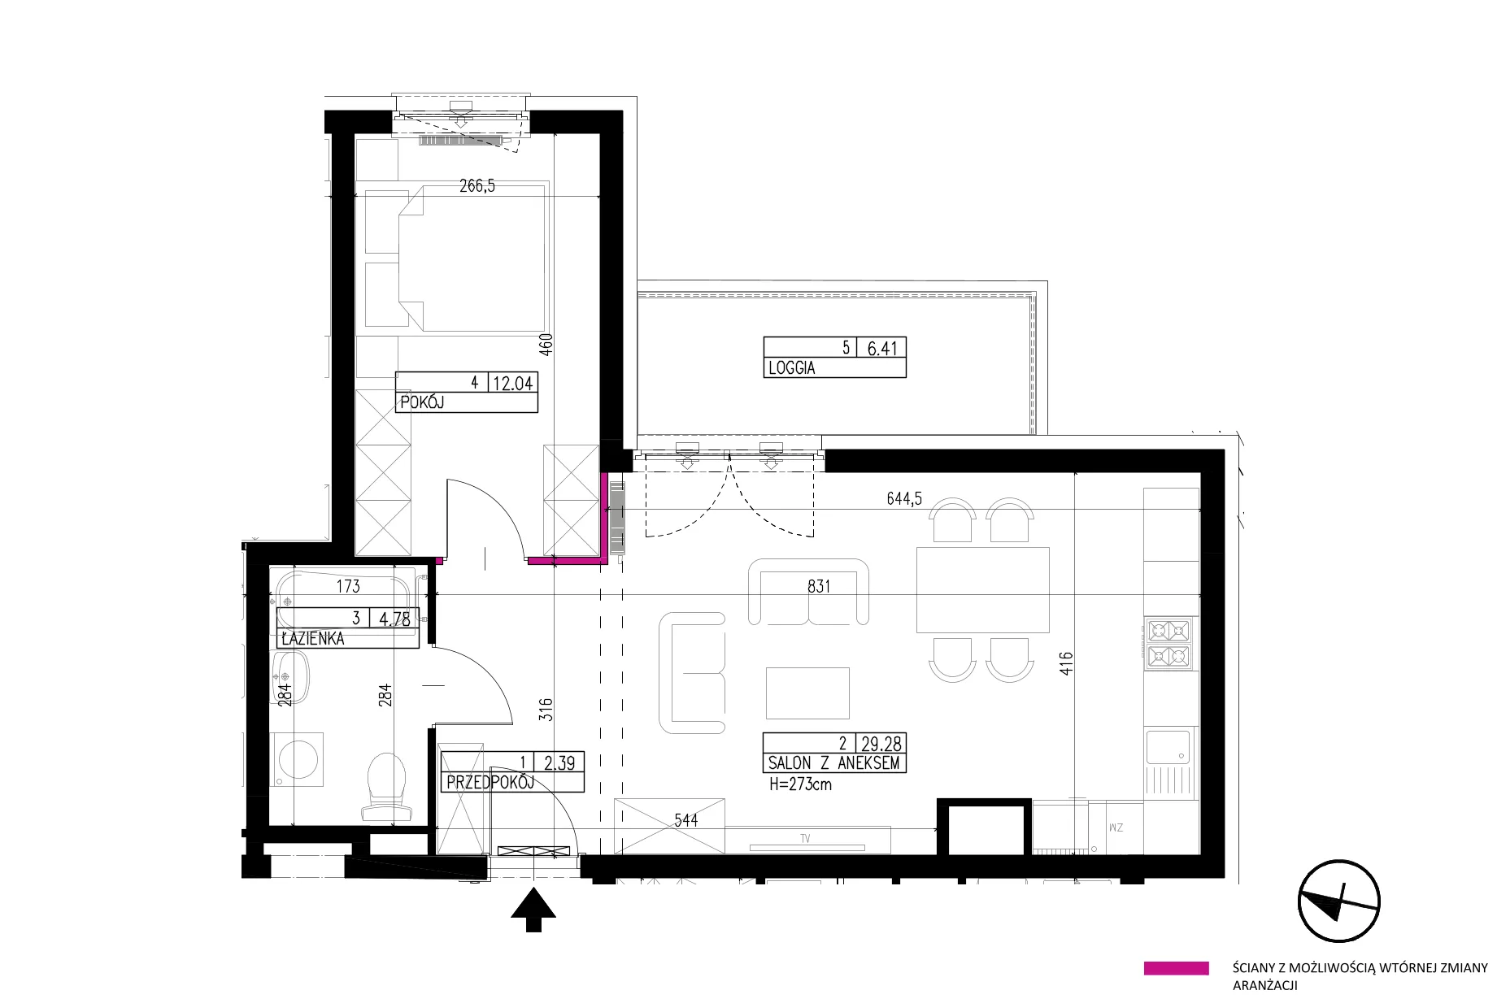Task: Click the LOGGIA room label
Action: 791,368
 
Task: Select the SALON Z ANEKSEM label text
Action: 833,763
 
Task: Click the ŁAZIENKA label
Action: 312,639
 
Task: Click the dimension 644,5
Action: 904,499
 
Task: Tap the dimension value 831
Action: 819,585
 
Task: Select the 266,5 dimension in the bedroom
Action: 477,186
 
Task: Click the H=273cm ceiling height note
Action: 800,785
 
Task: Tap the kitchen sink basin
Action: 1168,747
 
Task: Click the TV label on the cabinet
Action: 805,838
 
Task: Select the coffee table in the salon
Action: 807,693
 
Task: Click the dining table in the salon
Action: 982,590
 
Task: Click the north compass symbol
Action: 1339,903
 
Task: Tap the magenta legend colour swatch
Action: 1176,968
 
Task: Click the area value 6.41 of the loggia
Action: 882,349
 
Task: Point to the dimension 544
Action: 685,821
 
